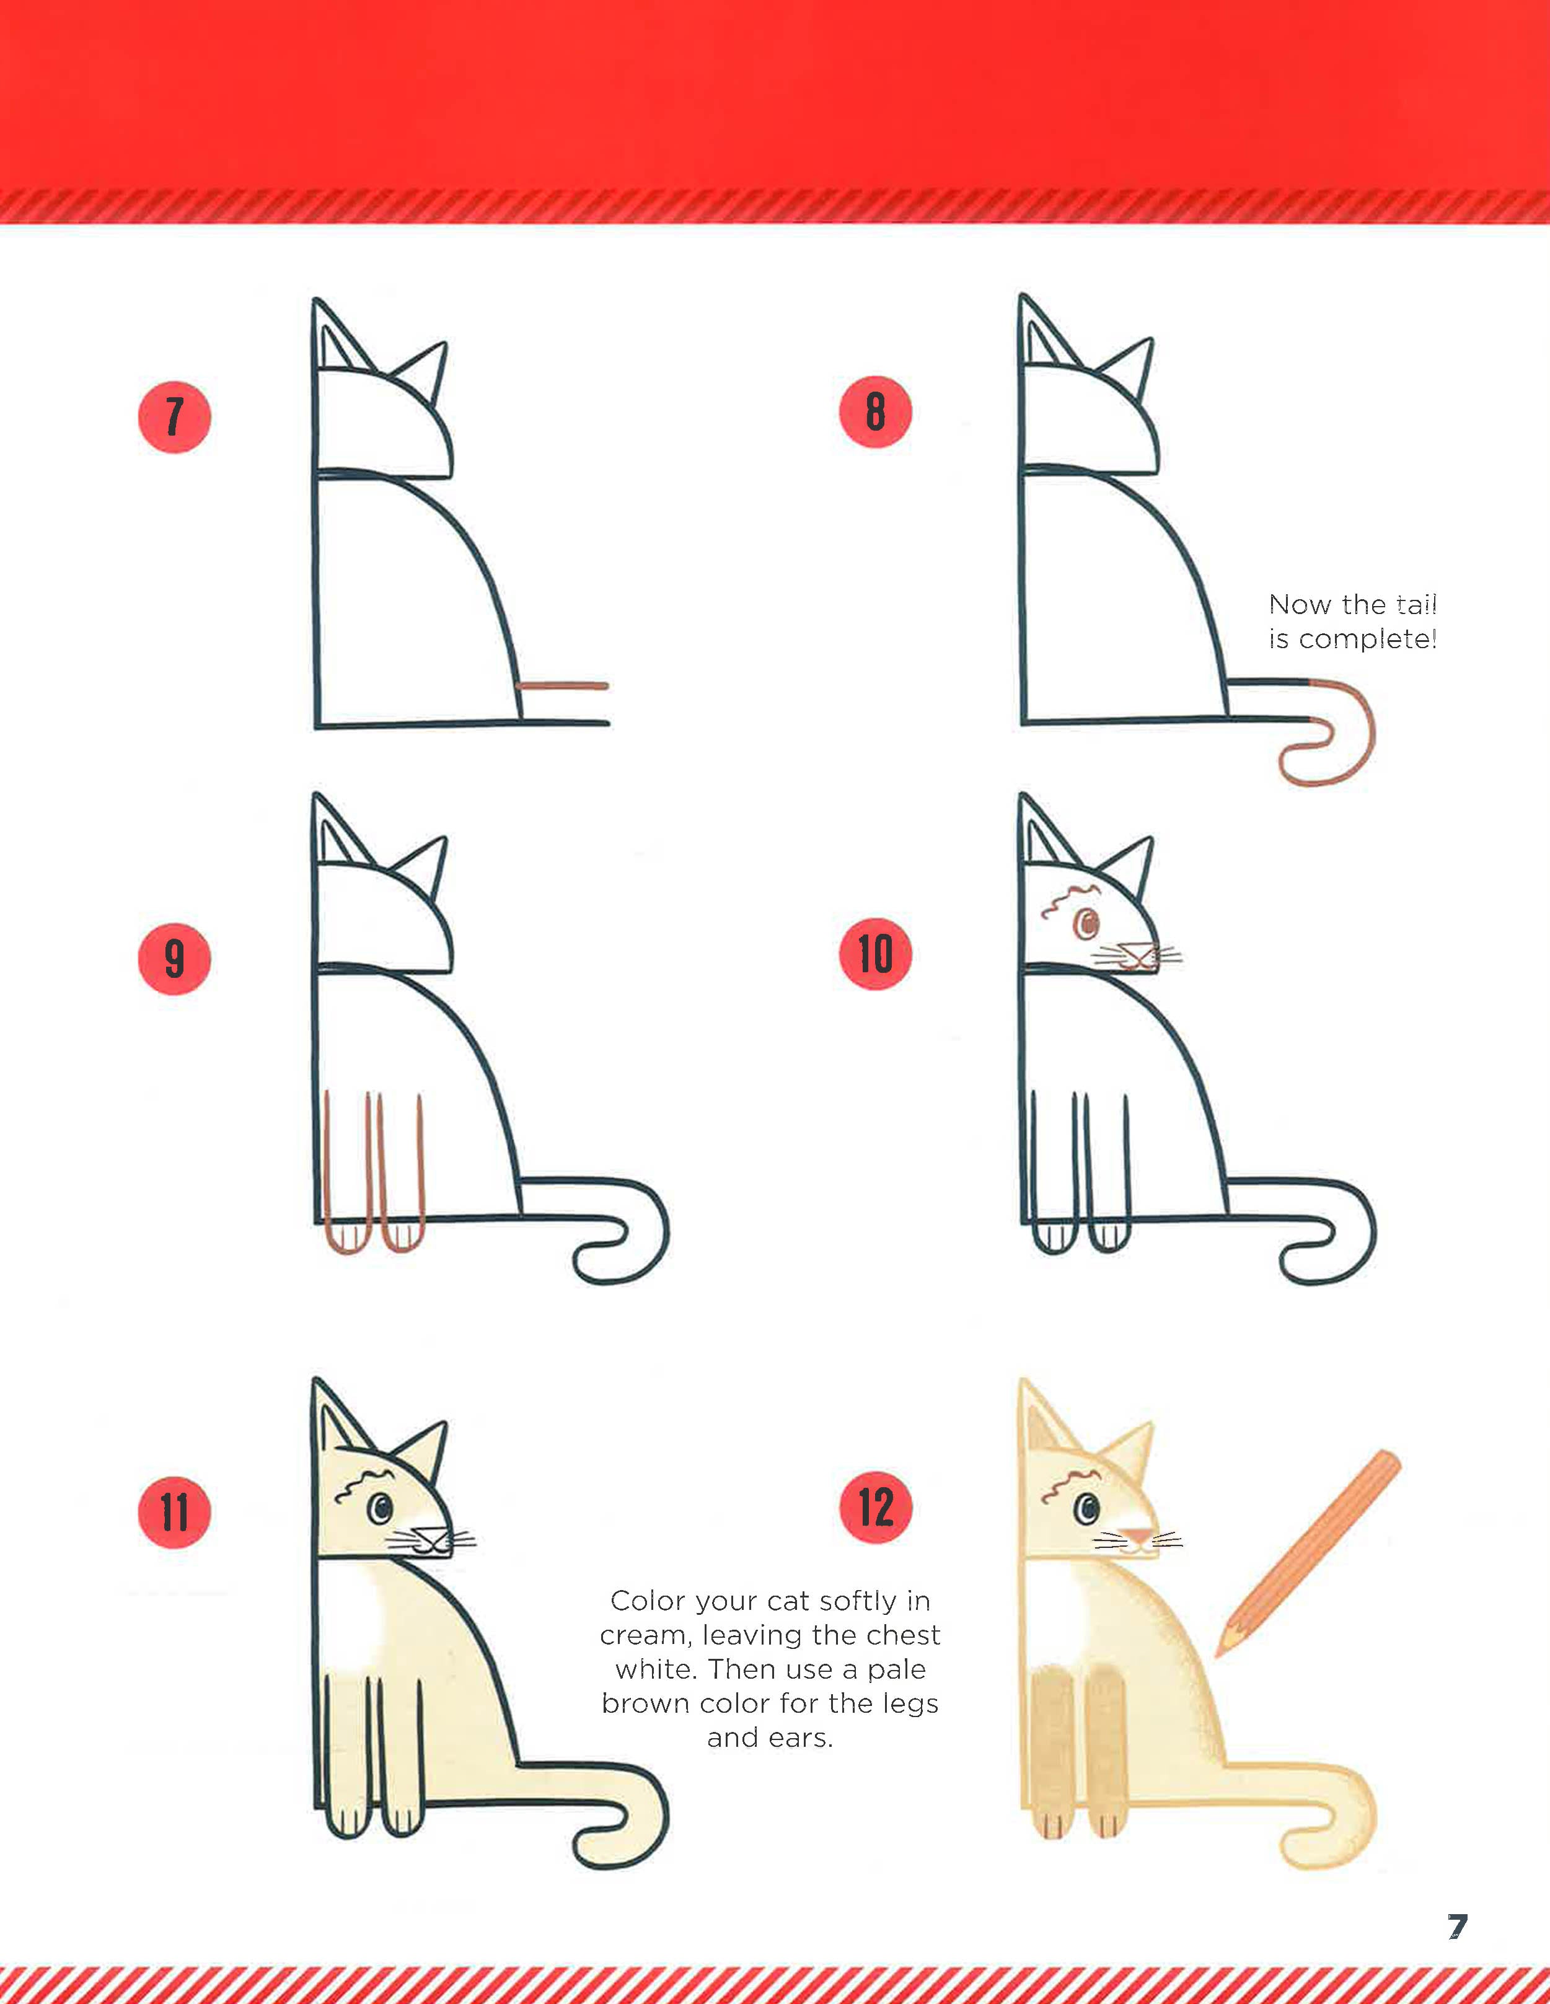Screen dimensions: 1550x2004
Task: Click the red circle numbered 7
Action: tap(174, 416)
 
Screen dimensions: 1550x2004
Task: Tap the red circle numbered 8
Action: tap(876, 412)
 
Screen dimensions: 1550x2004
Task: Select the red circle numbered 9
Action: tap(174, 959)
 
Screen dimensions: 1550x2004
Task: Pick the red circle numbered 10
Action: tap(876, 954)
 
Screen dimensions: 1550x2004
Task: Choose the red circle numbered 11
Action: tap(174, 1512)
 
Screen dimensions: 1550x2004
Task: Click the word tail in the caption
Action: tap(1416, 605)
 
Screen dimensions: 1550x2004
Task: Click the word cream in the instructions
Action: tap(645, 1635)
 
